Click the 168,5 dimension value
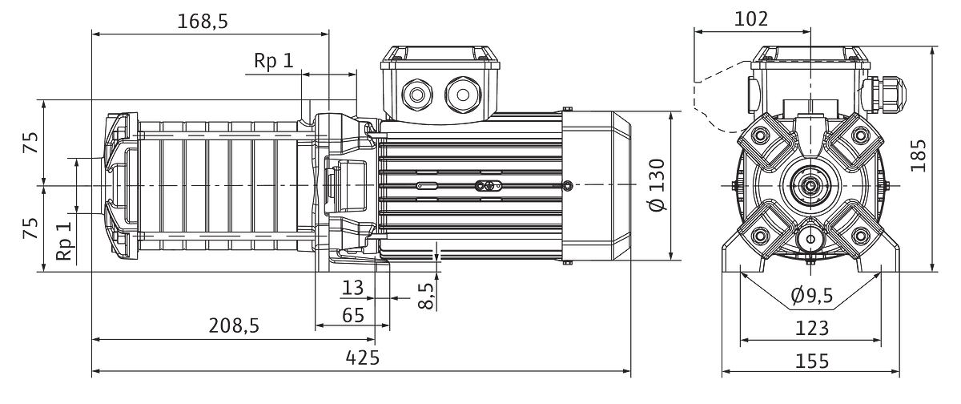pyautogui.click(x=203, y=22)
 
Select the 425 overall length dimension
pyautogui.click(x=363, y=358)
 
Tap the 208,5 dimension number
pyautogui.click(x=234, y=326)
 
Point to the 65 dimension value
pyautogui.click(x=353, y=315)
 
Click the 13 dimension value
pyautogui.click(x=352, y=288)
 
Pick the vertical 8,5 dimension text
pyautogui.click(x=425, y=296)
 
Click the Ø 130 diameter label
pyautogui.click(x=657, y=184)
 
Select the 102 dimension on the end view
pyautogui.click(x=751, y=19)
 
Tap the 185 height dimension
pyautogui.click(x=918, y=156)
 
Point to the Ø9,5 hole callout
pyautogui.click(x=812, y=295)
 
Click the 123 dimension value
pyautogui.click(x=812, y=329)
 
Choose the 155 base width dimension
pyautogui.click(x=812, y=361)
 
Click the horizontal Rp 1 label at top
pyautogui.click(x=274, y=61)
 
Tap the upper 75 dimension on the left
pyautogui.click(x=31, y=143)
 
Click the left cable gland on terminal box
pyautogui.click(x=417, y=95)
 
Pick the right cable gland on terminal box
pyautogui.click(x=463, y=95)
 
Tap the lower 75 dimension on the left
pyautogui.click(x=31, y=228)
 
